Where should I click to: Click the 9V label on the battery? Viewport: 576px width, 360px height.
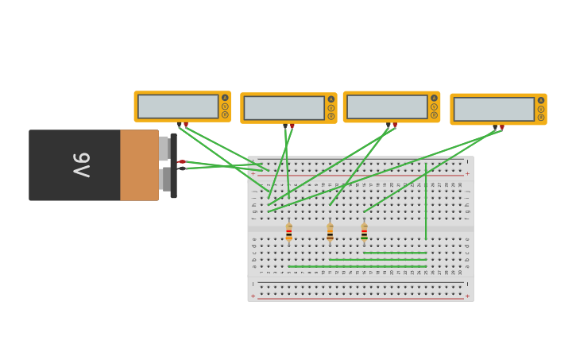(81, 165)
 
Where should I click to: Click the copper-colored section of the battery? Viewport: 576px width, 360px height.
(139, 165)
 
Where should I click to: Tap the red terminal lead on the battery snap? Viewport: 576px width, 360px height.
(181, 162)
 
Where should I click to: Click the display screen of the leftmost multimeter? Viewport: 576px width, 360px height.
(178, 106)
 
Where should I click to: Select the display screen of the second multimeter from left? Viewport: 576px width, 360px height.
(284, 108)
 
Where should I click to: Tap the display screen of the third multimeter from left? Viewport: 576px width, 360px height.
(387, 107)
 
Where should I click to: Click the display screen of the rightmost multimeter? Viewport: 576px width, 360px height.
(494, 110)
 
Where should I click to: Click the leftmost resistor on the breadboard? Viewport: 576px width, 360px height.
(288, 232)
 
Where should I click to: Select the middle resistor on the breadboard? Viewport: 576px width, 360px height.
(330, 232)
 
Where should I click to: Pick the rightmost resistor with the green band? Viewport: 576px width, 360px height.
(364, 232)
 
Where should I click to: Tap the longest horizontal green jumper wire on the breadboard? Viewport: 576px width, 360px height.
(358, 266)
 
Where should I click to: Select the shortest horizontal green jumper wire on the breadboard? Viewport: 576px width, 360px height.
(395, 253)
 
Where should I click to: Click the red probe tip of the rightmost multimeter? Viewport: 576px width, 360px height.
(501, 127)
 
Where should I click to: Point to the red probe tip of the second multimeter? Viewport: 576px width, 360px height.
(292, 126)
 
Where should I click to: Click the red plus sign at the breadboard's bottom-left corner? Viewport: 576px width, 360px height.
(253, 296)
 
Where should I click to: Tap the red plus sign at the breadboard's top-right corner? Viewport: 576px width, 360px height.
(467, 173)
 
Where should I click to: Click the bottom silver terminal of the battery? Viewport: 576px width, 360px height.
(164, 179)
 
